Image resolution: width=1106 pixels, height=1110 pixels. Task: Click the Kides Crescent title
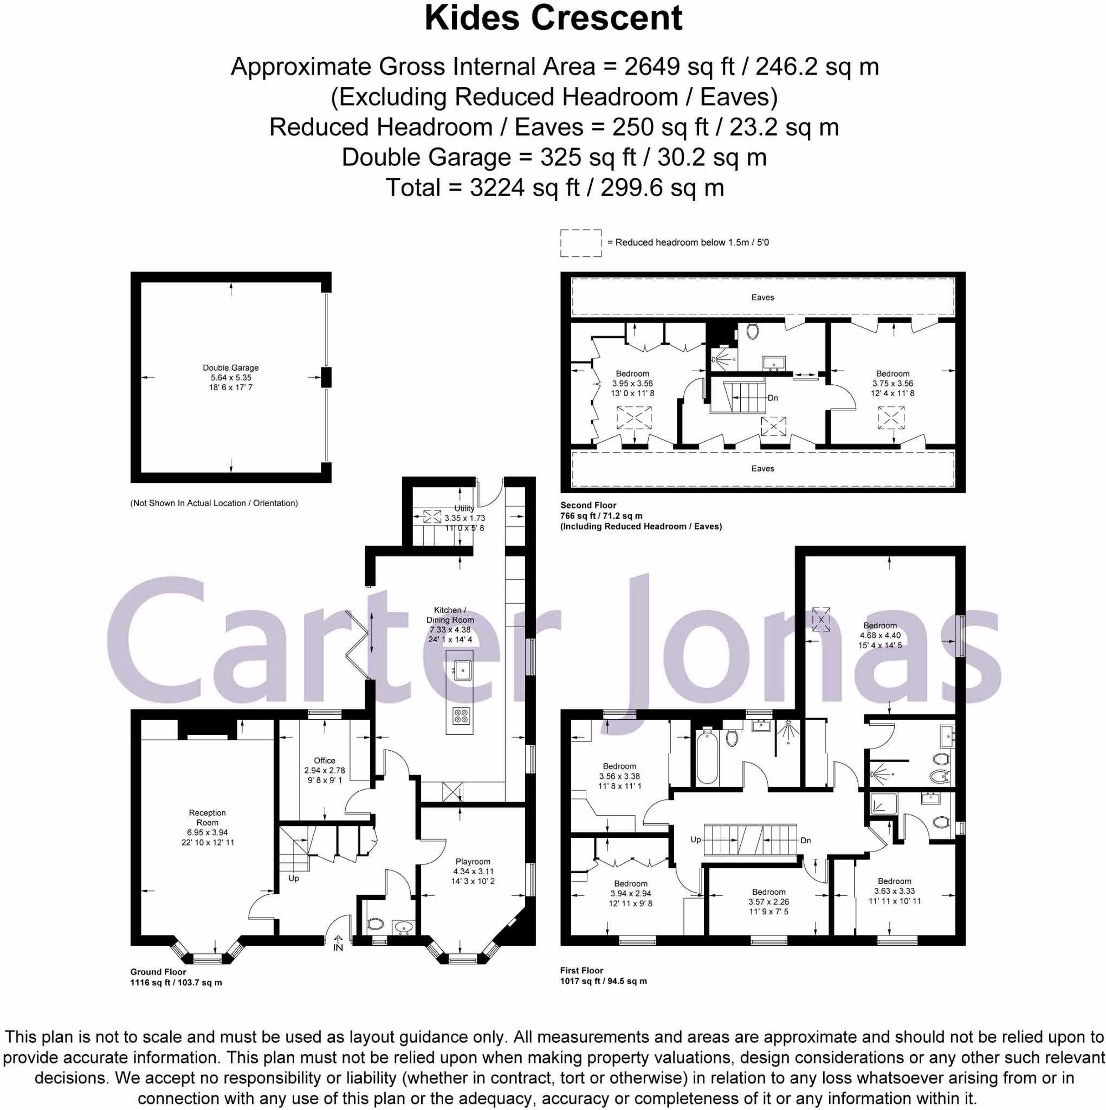pyautogui.click(x=553, y=18)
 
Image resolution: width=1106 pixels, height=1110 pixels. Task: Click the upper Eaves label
pyautogui.click(x=762, y=297)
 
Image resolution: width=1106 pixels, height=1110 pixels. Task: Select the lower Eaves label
pyautogui.click(x=762, y=468)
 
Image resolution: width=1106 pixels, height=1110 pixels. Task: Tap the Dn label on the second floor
pyautogui.click(x=773, y=398)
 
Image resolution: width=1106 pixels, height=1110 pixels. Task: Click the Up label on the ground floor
pyautogui.click(x=294, y=878)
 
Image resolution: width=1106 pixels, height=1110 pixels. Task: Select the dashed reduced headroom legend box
pyautogui.click(x=581, y=243)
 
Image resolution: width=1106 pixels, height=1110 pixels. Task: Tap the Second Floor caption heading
pyautogui.click(x=588, y=505)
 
